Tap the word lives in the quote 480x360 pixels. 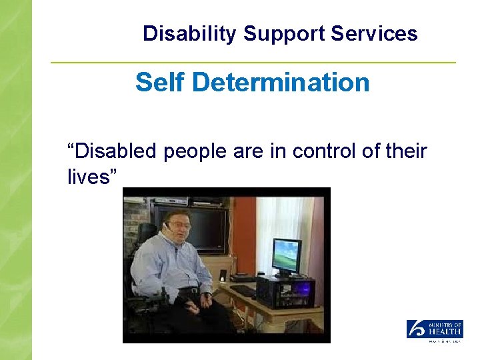93,177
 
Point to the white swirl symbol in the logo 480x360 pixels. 415,329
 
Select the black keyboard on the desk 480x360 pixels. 243,291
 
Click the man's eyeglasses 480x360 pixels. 181,226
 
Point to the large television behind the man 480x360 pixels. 207,230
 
